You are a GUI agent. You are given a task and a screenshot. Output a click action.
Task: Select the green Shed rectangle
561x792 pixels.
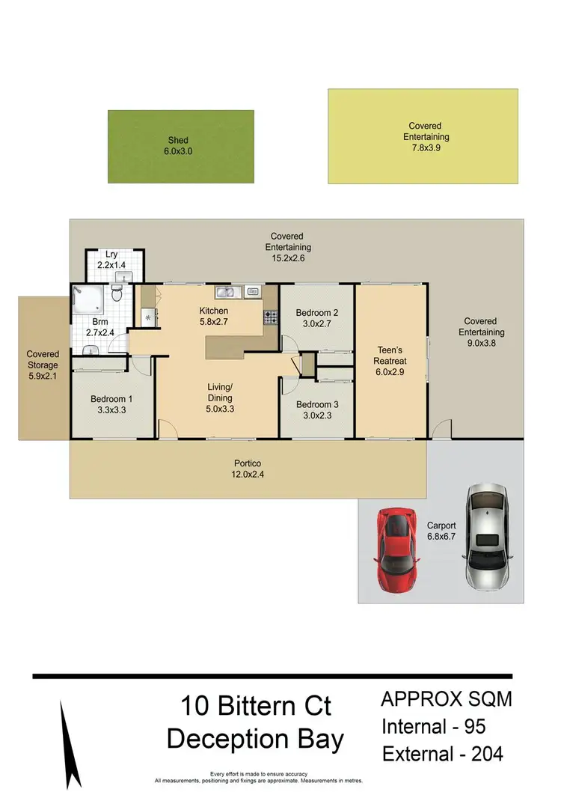pos(180,146)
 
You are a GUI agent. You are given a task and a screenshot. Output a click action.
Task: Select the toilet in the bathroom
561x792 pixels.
pos(117,292)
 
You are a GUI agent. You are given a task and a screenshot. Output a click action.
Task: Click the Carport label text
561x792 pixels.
pos(441,526)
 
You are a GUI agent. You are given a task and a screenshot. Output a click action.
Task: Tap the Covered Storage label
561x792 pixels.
pos(43,360)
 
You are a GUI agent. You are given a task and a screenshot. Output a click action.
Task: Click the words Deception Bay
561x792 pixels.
pos(255,739)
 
